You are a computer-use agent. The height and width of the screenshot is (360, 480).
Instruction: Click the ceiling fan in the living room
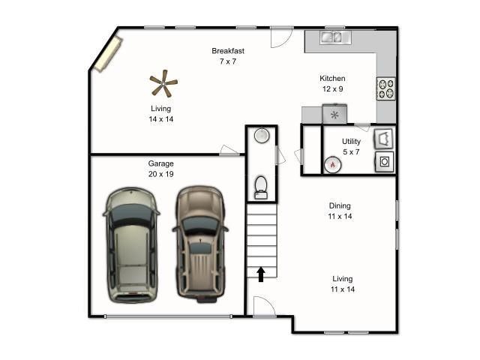[163, 84]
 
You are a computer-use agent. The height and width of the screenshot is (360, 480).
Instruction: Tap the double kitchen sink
[332, 35]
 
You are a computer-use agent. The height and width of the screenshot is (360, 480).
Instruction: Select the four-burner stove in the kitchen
[386, 89]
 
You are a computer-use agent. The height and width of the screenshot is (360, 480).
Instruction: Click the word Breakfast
[228, 51]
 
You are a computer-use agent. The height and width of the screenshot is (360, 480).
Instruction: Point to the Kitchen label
[332, 79]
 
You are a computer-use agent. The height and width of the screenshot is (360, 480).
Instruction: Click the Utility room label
[351, 141]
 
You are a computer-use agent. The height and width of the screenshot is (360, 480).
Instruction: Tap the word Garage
[161, 163]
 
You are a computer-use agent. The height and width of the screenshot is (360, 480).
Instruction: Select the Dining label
[340, 205]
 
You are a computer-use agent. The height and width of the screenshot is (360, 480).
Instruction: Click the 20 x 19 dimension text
[161, 174]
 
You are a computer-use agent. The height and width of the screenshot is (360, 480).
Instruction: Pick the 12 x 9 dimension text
[332, 89]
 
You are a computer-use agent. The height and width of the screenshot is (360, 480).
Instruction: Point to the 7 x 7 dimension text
[228, 61]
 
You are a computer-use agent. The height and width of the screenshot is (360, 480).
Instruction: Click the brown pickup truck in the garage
[200, 242]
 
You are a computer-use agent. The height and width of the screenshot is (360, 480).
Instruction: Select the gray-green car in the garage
[132, 244]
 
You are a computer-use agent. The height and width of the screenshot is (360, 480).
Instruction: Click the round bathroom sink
[261, 136]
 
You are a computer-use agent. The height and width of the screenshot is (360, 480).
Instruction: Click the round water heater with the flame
[332, 164]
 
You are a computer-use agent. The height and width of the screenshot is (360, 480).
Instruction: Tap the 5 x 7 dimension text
[351, 151]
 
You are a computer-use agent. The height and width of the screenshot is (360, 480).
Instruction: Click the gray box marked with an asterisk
[334, 115]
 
